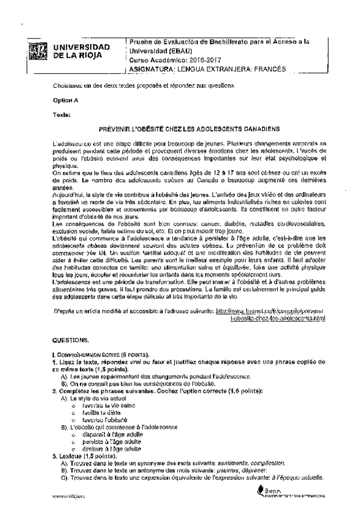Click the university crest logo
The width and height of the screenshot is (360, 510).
coord(38,51)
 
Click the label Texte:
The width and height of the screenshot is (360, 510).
coord(62,114)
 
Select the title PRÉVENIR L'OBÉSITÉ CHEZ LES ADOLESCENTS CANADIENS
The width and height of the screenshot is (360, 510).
coord(188,129)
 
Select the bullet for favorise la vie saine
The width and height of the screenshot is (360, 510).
coord(73,406)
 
